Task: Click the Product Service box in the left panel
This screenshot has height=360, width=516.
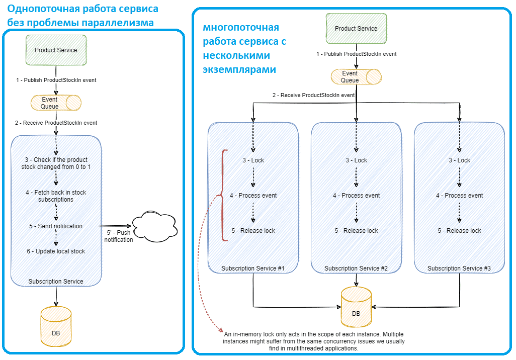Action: point(56,50)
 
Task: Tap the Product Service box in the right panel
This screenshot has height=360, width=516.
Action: point(356,29)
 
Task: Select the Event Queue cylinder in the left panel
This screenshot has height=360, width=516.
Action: point(56,103)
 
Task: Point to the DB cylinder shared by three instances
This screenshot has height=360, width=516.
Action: point(356,308)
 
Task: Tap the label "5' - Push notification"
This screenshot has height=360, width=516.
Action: point(119,236)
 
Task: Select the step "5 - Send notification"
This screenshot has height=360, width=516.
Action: point(56,226)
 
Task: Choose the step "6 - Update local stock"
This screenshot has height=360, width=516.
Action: point(56,251)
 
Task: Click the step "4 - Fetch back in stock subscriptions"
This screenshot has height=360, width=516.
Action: point(56,196)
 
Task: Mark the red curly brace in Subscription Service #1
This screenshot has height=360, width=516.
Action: point(222,195)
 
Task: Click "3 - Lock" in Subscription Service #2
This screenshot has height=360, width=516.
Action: point(356,160)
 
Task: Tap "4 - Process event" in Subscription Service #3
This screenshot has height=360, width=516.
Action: point(459,196)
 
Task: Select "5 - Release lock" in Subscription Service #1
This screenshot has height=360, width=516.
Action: point(253,231)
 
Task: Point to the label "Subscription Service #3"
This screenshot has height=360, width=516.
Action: point(459,268)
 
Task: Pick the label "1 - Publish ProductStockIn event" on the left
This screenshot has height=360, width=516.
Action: point(56,80)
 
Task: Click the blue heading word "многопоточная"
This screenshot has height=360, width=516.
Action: point(240,28)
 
